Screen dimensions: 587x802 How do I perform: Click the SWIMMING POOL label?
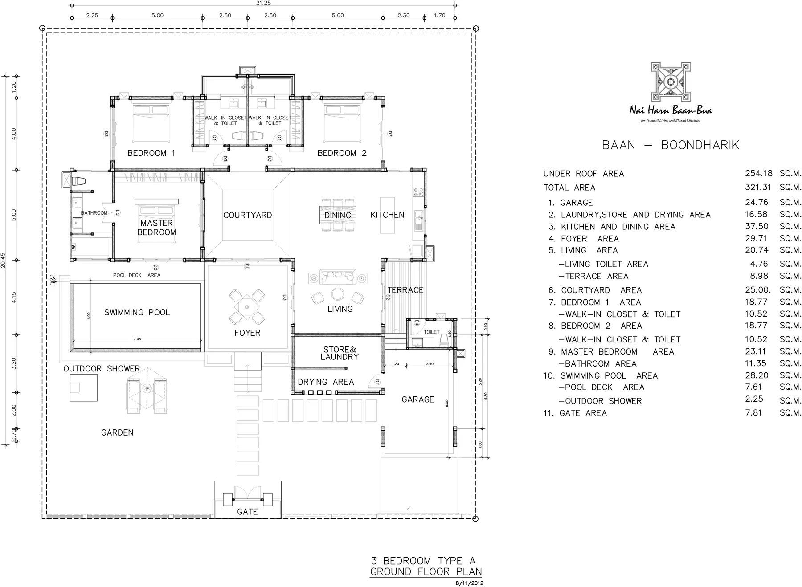click(x=137, y=312)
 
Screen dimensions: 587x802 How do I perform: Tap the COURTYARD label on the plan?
click(x=247, y=215)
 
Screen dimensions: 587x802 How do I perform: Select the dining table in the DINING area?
click(x=337, y=215)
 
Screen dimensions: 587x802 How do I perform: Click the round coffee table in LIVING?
click(x=337, y=294)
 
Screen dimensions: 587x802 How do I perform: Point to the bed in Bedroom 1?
click(x=151, y=122)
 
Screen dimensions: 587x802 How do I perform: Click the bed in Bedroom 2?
click(x=341, y=122)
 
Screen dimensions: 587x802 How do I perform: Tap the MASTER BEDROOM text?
click(x=156, y=228)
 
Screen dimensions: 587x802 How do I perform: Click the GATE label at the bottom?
click(x=247, y=512)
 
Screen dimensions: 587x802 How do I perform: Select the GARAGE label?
click(x=417, y=399)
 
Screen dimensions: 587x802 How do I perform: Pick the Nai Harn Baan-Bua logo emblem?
click(x=670, y=82)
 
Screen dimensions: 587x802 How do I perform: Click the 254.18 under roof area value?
click(x=758, y=173)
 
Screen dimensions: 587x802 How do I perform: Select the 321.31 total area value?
click(x=758, y=188)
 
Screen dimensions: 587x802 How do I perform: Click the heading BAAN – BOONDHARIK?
click(x=670, y=145)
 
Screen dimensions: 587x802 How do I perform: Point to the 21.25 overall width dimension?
click(x=263, y=3)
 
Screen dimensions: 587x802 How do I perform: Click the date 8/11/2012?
click(x=469, y=583)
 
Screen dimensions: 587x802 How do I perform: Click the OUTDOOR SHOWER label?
click(x=102, y=369)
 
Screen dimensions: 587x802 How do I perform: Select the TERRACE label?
click(x=405, y=290)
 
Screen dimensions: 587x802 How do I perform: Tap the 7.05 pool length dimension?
click(x=137, y=339)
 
